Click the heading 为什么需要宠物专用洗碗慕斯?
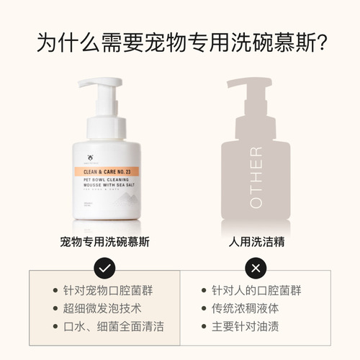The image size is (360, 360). [x=180, y=42]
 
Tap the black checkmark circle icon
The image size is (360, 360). [x=105, y=268]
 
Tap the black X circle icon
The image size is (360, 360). [x=254, y=268]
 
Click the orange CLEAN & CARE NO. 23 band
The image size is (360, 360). [x=110, y=173]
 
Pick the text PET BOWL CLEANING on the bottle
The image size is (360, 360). [x=109, y=184]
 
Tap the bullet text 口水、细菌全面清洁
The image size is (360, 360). [x=119, y=326]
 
